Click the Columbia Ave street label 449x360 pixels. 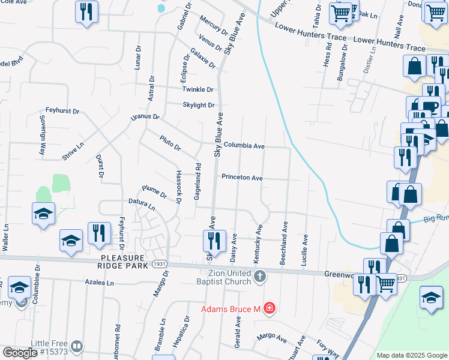pyautogui.click(x=244, y=146)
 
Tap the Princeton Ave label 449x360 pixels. pyautogui.click(x=242, y=178)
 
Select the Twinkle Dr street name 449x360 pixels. pyautogui.click(x=198, y=89)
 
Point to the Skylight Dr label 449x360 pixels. pyautogui.click(x=199, y=105)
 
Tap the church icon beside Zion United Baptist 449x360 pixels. pyautogui.click(x=259, y=276)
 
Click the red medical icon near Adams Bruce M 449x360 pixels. pyautogui.click(x=270, y=308)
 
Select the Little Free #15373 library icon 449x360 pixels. pyautogui.click(x=77, y=347)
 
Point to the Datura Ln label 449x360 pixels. pyautogui.click(x=141, y=204)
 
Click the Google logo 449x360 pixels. pyautogui.click(x=19, y=353)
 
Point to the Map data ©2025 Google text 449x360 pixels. pyautogui.click(x=411, y=355)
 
